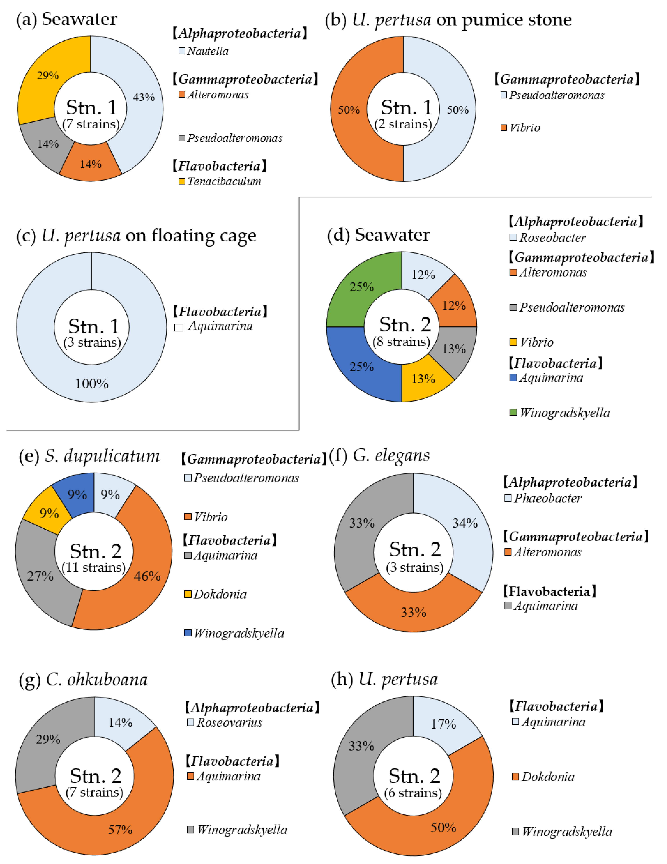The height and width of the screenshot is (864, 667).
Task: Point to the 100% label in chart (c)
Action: click(x=92, y=383)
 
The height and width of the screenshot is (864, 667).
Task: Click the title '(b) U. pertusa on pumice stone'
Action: click(x=448, y=20)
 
